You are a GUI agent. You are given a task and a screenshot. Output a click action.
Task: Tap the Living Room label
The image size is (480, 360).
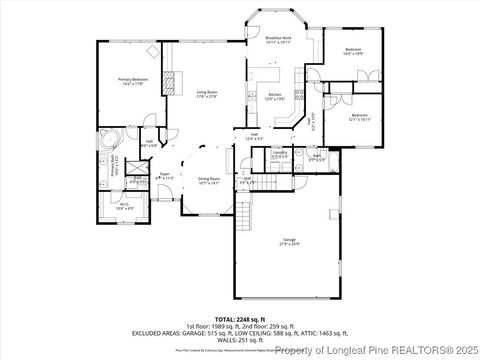208,93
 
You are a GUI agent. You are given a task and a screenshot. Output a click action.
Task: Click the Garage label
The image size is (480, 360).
290,242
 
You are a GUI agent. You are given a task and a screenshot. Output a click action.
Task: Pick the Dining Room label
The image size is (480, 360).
208,181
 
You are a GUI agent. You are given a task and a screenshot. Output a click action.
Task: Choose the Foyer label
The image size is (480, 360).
166,175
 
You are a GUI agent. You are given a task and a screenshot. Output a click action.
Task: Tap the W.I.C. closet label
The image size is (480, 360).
126,207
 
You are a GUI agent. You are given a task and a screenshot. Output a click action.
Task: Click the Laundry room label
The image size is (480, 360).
281,155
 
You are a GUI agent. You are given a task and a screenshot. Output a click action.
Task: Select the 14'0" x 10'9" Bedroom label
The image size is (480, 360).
353,51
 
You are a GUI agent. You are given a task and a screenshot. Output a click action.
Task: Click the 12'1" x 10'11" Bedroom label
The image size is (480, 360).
360,119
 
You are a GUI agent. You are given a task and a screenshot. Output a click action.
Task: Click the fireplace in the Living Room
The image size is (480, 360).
170,82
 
